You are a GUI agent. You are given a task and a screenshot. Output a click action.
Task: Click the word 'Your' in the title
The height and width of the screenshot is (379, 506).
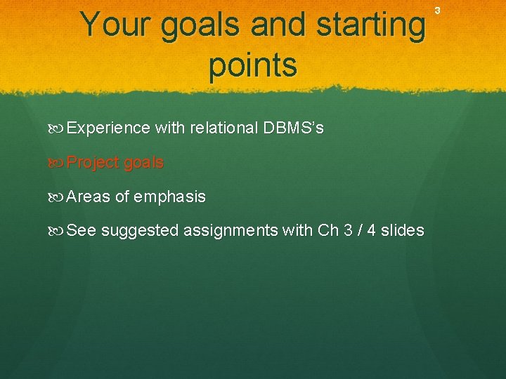[x=116, y=25]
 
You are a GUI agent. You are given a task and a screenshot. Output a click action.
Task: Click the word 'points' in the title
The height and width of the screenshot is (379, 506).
[x=253, y=65]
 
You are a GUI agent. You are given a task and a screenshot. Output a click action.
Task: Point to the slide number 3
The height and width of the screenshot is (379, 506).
[x=437, y=10]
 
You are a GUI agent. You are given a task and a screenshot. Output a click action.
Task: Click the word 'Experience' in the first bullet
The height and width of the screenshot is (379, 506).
[x=108, y=128]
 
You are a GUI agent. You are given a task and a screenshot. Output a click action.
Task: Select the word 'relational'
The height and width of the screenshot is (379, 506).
[x=223, y=128]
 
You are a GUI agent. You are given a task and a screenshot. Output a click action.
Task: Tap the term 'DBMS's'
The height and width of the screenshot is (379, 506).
[x=293, y=128]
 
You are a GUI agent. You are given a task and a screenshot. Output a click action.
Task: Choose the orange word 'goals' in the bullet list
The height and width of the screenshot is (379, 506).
[x=143, y=164]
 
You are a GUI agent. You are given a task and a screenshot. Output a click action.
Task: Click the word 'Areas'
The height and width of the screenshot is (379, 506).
[x=89, y=197]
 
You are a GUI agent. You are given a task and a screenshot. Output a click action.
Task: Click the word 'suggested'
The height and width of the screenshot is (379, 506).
[x=139, y=231]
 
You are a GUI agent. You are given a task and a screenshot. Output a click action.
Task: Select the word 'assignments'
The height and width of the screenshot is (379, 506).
[x=230, y=231]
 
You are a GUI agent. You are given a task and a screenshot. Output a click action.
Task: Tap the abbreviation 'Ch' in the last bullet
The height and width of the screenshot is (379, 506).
[x=328, y=230]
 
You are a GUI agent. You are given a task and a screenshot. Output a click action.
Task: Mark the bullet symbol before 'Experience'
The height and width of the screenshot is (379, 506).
[x=58, y=128]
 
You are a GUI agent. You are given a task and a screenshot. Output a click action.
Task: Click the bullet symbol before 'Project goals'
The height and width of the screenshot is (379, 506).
[x=58, y=163]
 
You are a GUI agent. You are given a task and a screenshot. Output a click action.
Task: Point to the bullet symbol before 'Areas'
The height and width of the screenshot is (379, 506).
[x=58, y=197]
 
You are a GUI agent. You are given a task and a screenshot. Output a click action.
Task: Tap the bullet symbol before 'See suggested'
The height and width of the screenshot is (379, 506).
[x=58, y=231]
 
